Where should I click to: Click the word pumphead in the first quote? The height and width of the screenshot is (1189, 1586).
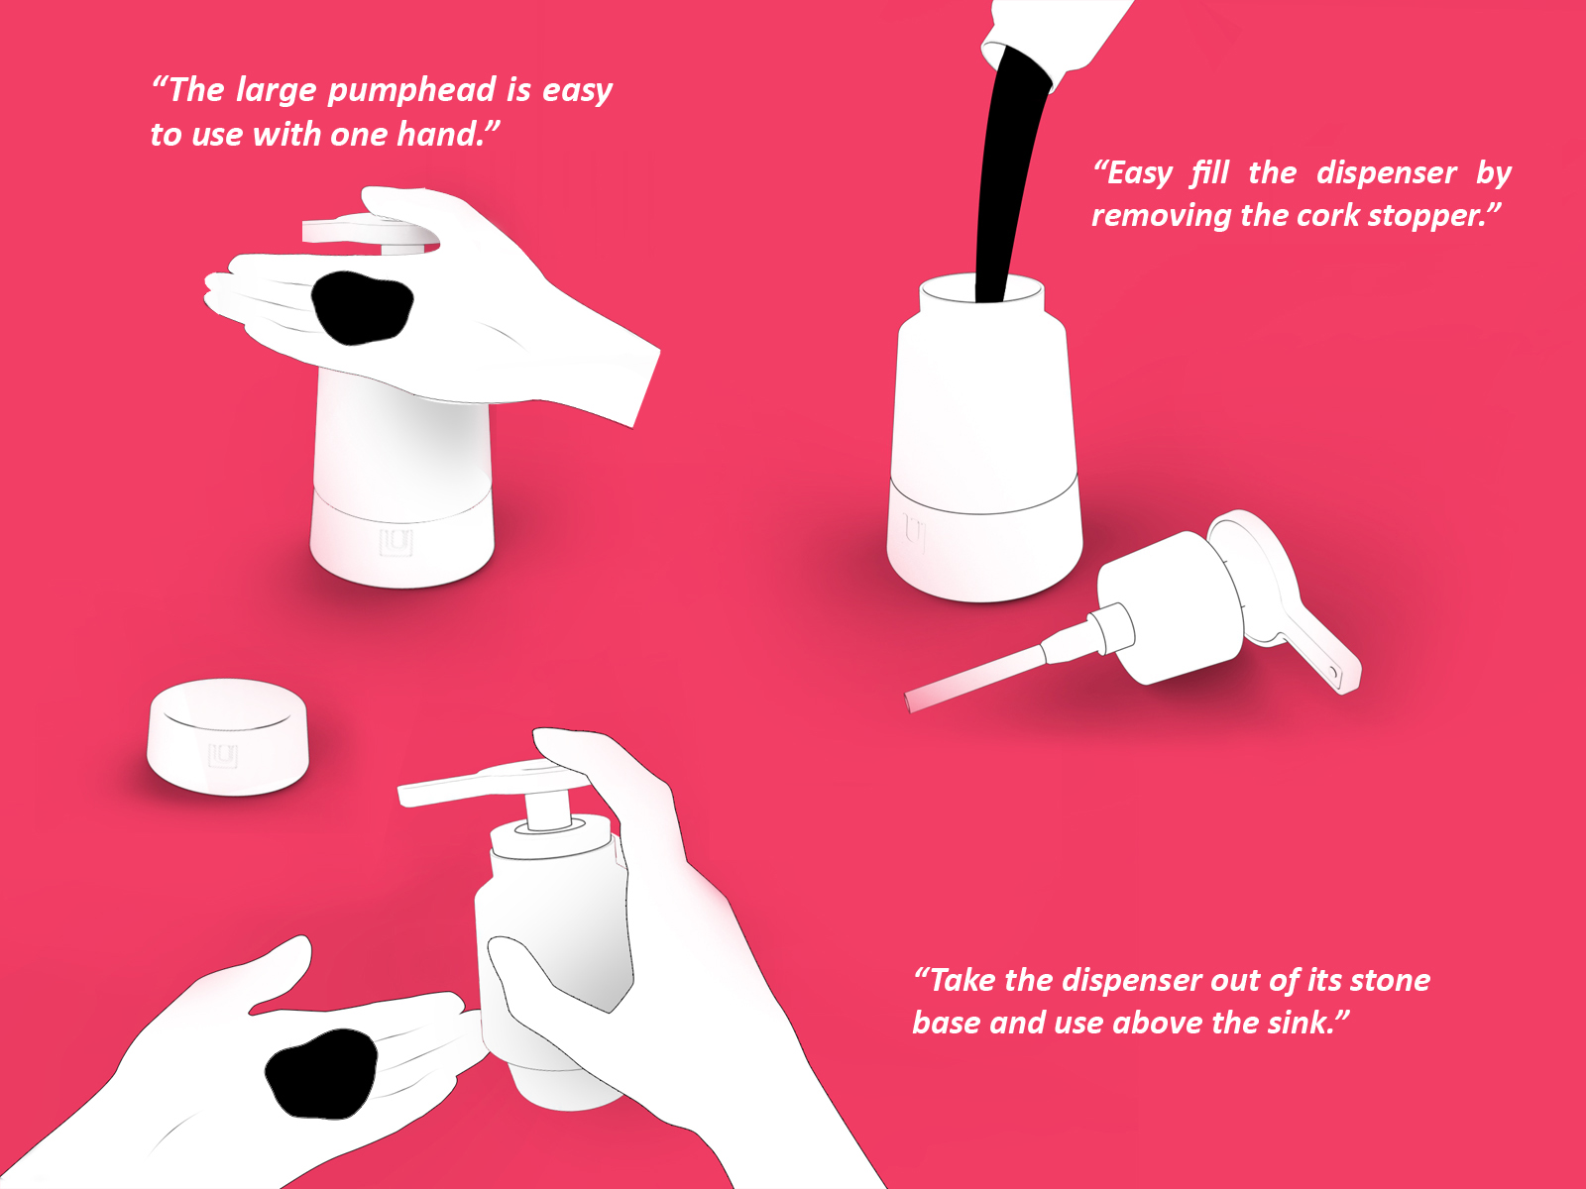pyautogui.click(x=411, y=91)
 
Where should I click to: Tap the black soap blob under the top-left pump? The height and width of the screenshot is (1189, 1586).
pyautogui.click(x=362, y=307)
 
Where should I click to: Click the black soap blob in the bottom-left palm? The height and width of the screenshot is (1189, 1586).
pyautogui.click(x=321, y=1073)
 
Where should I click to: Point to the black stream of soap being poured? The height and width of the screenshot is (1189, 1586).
pyautogui.click(x=1008, y=173)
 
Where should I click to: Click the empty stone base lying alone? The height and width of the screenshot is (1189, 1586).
pyautogui.click(x=228, y=737)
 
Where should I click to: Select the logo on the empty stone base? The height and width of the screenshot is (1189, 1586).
pyautogui.click(x=223, y=756)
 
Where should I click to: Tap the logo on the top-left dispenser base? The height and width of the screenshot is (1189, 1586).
pyautogui.click(x=396, y=542)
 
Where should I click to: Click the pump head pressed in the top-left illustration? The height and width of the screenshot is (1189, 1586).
pyautogui.click(x=370, y=233)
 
